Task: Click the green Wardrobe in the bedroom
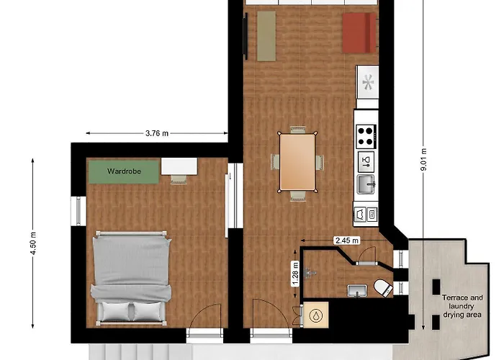tap(124, 171)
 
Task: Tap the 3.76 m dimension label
tap(157, 133)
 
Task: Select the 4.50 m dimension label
tap(33, 243)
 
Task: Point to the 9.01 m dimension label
tap(423, 160)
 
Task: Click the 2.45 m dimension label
tap(347, 240)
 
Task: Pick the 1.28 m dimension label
tap(295, 274)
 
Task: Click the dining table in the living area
tap(297, 162)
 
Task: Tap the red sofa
tap(359, 33)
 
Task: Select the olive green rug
tap(266, 36)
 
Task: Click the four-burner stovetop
tap(366, 136)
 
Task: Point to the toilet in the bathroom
tap(384, 287)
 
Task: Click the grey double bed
tap(131, 278)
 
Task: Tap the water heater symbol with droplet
tap(315, 315)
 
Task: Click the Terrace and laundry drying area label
tap(462, 306)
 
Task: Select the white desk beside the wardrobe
tap(179, 166)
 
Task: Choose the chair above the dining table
tap(297, 130)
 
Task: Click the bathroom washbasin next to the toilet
tap(357, 291)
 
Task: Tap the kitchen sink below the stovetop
tap(366, 185)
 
